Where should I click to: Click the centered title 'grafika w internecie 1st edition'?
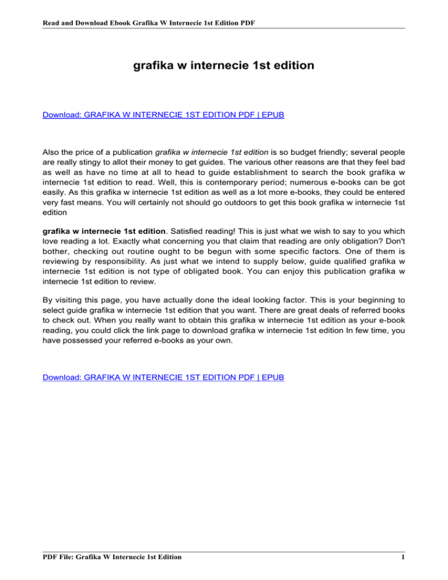pos(224,66)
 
